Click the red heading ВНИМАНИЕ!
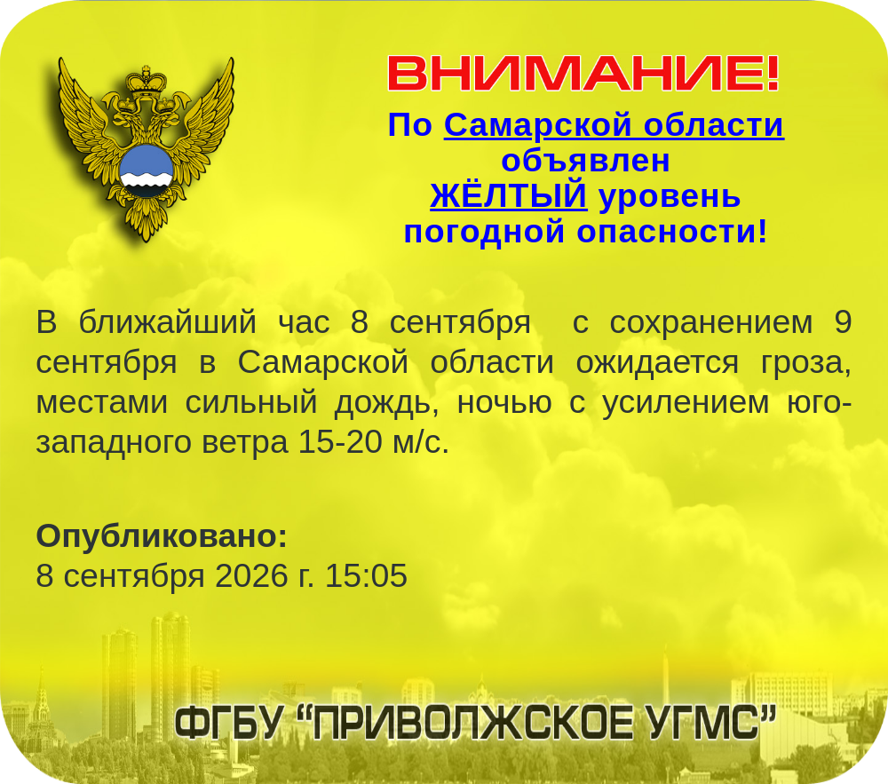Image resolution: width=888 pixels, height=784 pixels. [x=583, y=73]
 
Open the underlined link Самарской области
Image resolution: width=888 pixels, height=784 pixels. [x=614, y=124]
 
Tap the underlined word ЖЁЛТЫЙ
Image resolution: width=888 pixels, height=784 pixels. [x=509, y=195]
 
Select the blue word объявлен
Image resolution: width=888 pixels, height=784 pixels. [x=585, y=160]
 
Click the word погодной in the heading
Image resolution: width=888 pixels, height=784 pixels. [x=484, y=232]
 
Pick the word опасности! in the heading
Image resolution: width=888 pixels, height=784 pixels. [x=671, y=232]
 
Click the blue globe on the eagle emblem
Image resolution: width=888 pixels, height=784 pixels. [x=147, y=170]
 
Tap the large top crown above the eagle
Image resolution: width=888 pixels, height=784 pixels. [x=147, y=81]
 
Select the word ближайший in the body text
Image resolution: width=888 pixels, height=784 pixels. [x=168, y=322]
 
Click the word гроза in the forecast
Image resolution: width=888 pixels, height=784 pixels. [x=806, y=363]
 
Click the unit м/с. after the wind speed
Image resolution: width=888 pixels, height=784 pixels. [x=421, y=443]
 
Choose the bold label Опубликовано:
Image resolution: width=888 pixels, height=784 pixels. [x=162, y=536]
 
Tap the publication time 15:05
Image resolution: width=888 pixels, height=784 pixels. [x=366, y=575]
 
